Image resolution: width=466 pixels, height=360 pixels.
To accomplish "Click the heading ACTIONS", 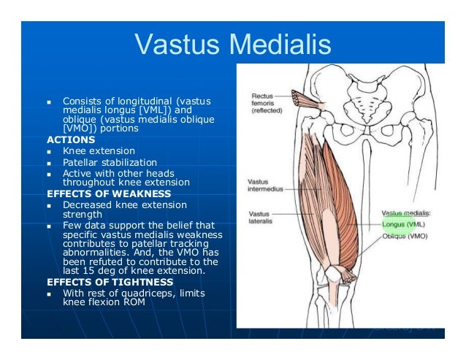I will [71, 139].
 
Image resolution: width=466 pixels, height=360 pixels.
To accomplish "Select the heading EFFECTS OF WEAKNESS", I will [109, 194].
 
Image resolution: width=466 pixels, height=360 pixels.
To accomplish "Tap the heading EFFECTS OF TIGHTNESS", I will [110, 281].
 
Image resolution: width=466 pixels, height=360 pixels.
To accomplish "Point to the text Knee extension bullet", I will [99, 151].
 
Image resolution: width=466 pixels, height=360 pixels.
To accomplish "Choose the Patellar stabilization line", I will [110, 162].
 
